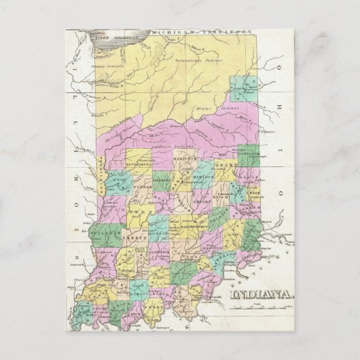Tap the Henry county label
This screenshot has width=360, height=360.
pos(223,165)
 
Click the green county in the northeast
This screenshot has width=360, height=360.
pos(241,88)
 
